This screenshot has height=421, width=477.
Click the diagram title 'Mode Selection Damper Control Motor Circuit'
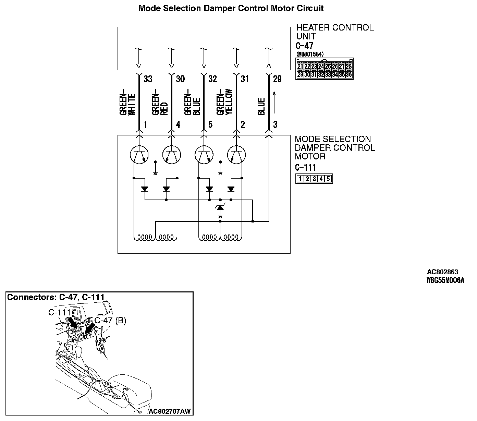(231, 8)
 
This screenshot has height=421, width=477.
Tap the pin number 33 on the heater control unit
(148, 79)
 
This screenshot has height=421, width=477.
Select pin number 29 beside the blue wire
(277, 79)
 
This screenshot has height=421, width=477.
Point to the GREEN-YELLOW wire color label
(225, 102)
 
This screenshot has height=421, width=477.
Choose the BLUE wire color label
(261, 106)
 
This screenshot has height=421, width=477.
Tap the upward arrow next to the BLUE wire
(274, 103)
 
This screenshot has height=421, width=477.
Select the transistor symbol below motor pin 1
(139, 154)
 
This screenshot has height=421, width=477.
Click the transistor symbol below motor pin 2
(236, 154)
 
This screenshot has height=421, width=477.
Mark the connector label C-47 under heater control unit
(304, 46)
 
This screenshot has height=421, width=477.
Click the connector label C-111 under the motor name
(306, 168)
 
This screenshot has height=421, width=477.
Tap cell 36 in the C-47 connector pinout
(349, 74)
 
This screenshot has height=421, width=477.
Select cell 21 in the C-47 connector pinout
(300, 67)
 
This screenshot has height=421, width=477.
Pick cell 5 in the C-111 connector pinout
(328, 179)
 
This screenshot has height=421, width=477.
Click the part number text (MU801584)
(310, 54)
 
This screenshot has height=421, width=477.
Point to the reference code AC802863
(442, 272)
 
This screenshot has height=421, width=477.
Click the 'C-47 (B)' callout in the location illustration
(110, 321)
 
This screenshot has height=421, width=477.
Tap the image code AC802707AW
(170, 411)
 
